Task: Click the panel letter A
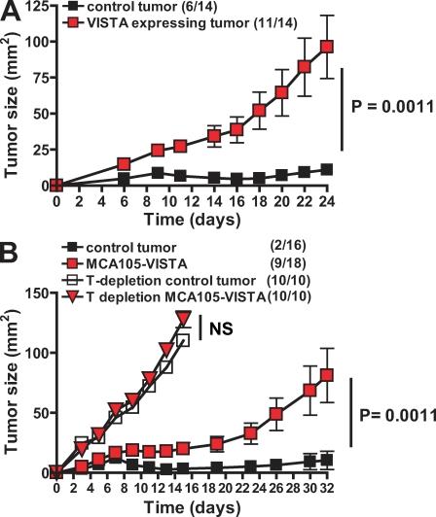coord(11,13)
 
